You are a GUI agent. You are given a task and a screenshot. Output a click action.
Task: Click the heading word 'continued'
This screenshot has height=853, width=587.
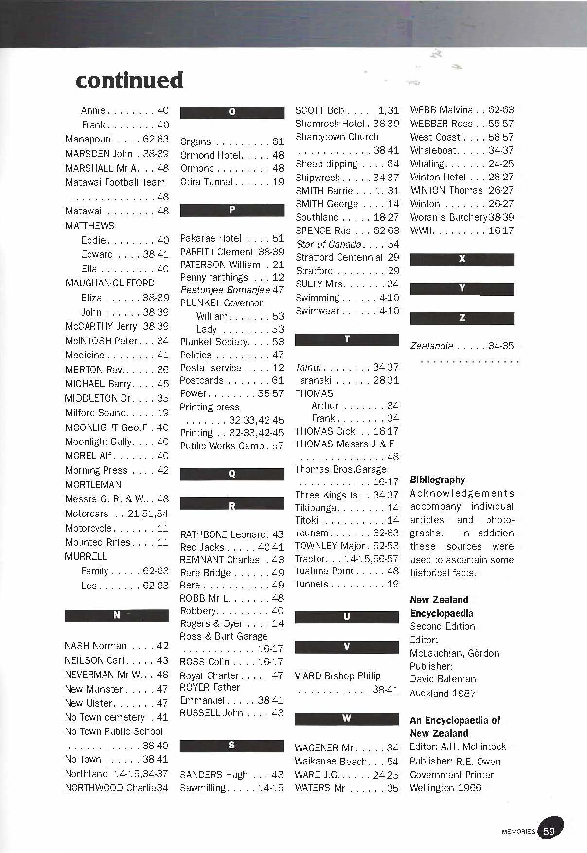129,80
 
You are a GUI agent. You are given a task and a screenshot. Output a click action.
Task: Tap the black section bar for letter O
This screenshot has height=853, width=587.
232,112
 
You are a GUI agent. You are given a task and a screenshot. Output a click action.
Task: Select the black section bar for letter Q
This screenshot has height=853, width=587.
232,474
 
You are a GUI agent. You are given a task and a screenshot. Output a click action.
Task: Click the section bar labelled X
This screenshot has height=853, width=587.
462,259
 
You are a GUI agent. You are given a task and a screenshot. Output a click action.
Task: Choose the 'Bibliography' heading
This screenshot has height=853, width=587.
438,480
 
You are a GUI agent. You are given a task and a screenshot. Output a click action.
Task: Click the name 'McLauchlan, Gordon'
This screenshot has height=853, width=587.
454,653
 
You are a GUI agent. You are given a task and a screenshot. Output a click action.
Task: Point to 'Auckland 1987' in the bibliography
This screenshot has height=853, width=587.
443,693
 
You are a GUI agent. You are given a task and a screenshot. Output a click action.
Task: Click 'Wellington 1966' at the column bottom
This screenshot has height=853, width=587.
445,788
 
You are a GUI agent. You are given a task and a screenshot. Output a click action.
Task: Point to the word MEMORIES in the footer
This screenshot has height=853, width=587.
518,831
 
